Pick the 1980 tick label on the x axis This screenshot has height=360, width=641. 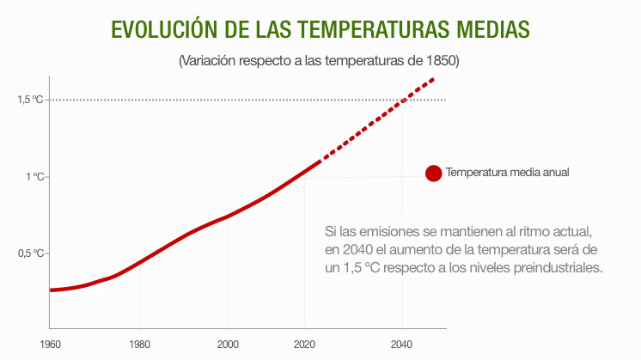(x=139, y=345)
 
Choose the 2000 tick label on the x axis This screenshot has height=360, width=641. (x=228, y=345)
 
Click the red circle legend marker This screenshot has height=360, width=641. (x=433, y=173)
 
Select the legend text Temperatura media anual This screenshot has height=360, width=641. (x=507, y=173)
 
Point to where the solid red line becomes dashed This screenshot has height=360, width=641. (x=320, y=161)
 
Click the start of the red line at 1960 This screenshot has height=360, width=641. (x=51, y=290)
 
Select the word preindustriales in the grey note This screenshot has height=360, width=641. (x=559, y=267)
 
